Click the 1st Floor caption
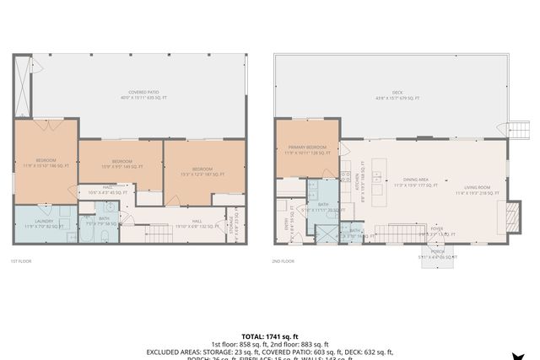coord(21,261)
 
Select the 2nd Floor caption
coord(283,261)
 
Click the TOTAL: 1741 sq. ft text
coord(270,336)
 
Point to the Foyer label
coord(436,228)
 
